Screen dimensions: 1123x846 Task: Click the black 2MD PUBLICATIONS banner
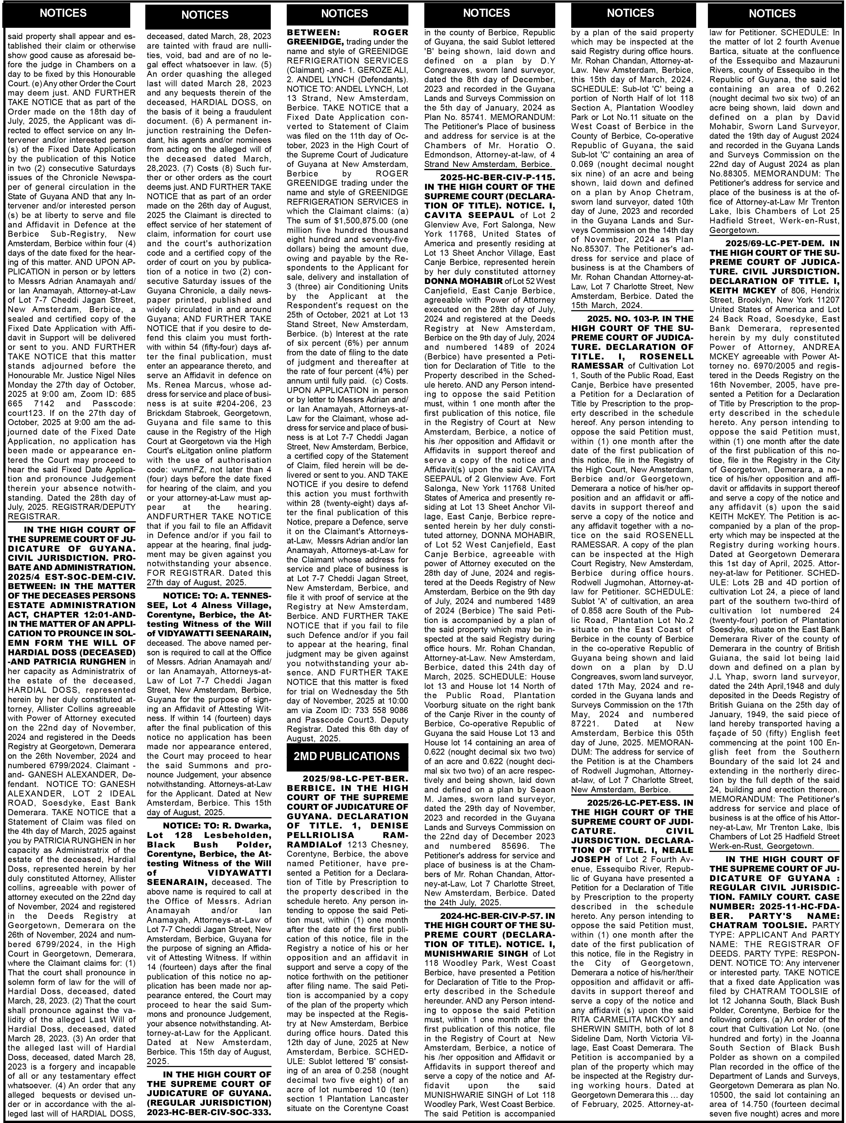(x=347, y=756)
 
